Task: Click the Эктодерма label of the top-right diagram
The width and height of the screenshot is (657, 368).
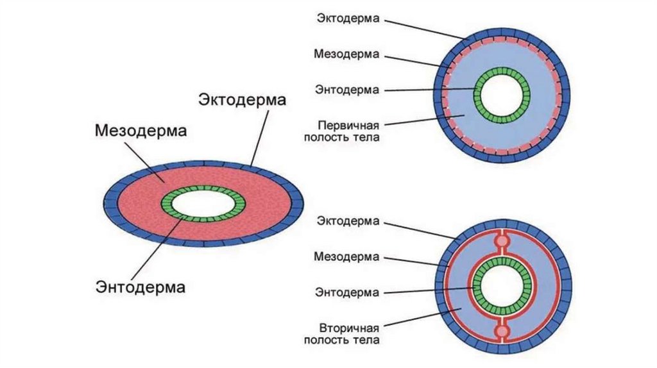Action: click(x=349, y=18)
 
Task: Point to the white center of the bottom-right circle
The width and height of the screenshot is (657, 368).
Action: click(x=502, y=286)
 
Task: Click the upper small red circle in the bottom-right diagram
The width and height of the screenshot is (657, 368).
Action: click(x=502, y=242)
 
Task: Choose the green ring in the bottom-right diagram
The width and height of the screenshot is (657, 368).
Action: click(x=479, y=286)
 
